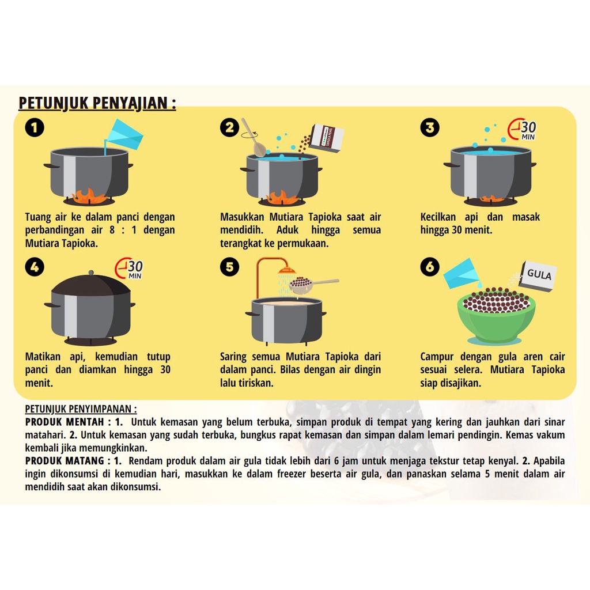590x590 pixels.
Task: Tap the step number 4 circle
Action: coord(35,266)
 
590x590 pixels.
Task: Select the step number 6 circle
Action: coord(430,266)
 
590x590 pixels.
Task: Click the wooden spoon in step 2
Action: coord(254,138)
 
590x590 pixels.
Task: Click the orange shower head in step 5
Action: coord(286,270)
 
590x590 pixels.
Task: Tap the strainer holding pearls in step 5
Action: coord(301,285)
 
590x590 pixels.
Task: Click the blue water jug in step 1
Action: coord(124,134)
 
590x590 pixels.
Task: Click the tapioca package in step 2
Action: coord(326,138)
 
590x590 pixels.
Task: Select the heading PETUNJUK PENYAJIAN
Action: coord(97,103)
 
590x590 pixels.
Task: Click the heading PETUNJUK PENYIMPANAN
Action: coord(81,409)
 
